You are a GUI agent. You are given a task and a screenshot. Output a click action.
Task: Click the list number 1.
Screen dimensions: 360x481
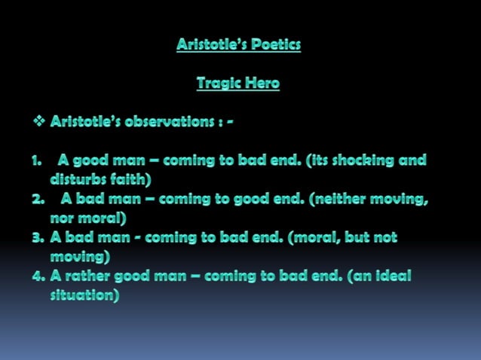(36, 160)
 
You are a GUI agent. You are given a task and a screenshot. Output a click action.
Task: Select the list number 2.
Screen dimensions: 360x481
(38, 200)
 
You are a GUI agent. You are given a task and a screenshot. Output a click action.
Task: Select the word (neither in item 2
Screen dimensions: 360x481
(340, 200)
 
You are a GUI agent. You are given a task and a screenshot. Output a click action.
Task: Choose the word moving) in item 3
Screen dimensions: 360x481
(81, 257)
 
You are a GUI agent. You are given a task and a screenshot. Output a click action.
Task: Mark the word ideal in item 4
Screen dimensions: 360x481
(394, 276)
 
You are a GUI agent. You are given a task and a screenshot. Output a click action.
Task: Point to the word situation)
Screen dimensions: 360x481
(84, 295)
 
